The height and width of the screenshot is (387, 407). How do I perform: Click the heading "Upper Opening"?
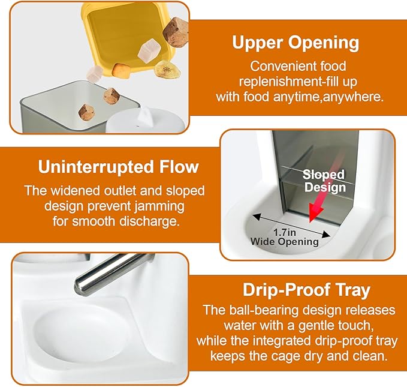tap(296, 43)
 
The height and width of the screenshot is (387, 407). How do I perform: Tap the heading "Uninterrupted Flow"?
tap(118, 167)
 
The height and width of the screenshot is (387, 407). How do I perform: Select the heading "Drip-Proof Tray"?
tap(306, 290)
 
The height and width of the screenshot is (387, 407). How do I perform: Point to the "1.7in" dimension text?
tap(285, 232)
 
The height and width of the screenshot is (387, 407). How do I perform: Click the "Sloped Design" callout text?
tap(324, 181)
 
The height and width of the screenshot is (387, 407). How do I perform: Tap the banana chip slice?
tap(167, 69)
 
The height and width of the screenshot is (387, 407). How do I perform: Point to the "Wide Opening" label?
tap(285, 242)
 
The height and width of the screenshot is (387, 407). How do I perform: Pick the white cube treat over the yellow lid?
tap(149, 50)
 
